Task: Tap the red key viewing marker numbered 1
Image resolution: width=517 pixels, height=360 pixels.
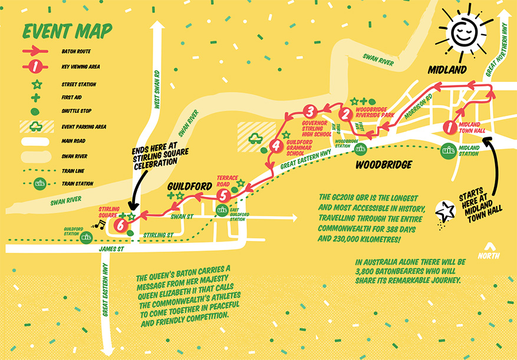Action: coord(449,127)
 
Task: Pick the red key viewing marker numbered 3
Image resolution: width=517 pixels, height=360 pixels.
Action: coord(310,111)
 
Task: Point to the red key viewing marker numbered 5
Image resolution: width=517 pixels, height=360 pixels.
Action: coord(222,195)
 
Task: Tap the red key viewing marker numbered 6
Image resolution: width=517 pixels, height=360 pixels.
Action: coord(121,224)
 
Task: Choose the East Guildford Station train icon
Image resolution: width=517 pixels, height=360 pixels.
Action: coord(222,210)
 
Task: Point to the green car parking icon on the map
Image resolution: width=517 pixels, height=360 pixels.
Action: coord(255,138)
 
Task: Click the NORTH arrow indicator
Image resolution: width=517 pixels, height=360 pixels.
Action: coord(489,251)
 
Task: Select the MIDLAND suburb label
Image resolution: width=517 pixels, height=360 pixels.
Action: coord(446,70)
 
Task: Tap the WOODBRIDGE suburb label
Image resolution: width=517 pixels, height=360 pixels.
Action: coord(383,165)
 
